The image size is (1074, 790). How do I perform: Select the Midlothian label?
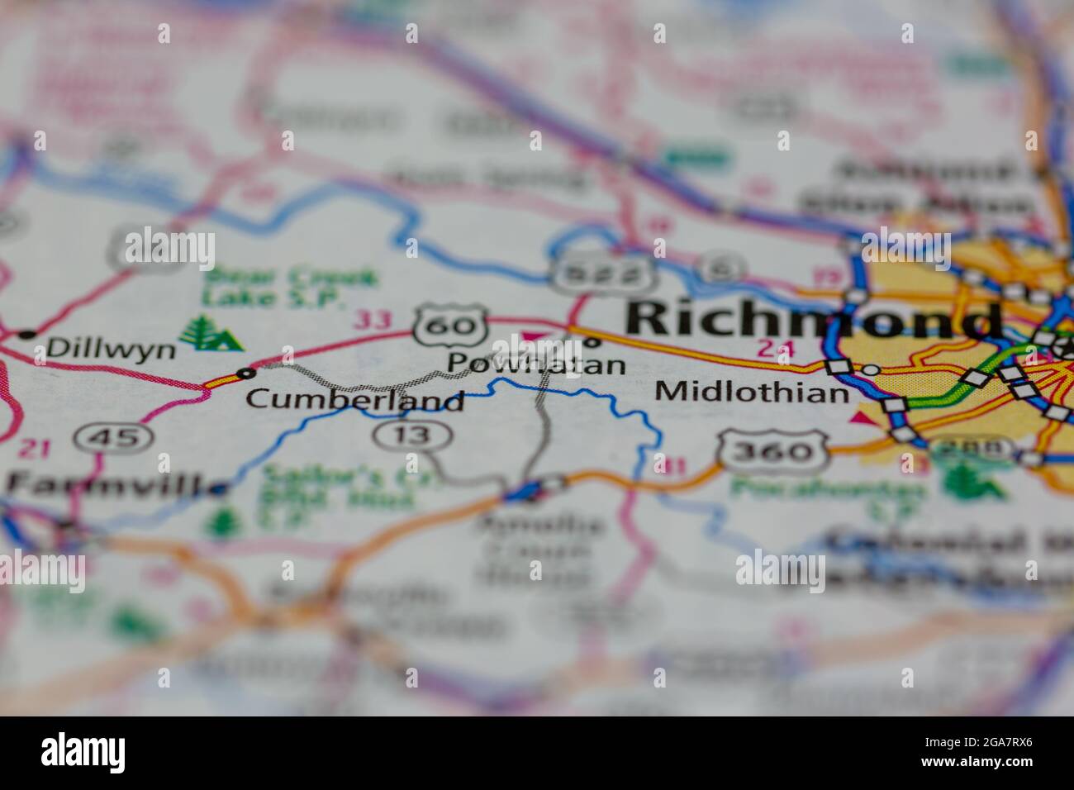click(752, 391)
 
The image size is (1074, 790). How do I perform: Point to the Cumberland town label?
click(354, 400)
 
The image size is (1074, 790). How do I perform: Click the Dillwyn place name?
click(112, 349)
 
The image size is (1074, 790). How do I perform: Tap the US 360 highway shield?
click(773, 450)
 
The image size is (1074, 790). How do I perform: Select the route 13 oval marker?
click(412, 434)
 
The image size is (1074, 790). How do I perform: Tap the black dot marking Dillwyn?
click(27, 334)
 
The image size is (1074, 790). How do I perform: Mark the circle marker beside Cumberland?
click(246, 374)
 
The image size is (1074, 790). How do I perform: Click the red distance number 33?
click(373, 319)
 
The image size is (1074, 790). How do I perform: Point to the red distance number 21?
click(34, 449)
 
